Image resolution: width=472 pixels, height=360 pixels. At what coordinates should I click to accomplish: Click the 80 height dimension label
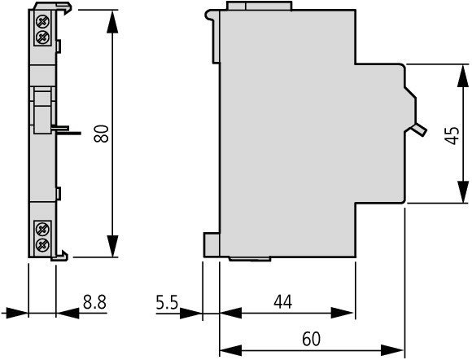coord(101,134)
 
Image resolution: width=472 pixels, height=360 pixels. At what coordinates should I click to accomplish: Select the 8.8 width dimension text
coord(95,302)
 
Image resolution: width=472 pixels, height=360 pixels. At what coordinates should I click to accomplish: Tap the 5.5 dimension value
coord(167,302)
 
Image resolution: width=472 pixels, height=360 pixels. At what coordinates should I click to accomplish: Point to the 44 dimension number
coord(283,302)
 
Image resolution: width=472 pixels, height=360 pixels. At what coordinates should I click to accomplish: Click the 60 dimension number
coord(311,339)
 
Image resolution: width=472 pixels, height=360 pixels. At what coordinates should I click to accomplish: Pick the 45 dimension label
coord(452,136)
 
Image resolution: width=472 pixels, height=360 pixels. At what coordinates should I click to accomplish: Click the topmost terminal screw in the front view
coord(42,21)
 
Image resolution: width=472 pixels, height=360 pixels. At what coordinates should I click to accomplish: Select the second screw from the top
coord(42,37)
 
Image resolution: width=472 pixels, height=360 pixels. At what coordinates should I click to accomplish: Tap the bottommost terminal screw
coord(42,245)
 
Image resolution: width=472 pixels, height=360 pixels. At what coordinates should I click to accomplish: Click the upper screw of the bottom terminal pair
coord(42,230)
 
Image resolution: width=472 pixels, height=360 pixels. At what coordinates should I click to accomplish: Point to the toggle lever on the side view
coord(418,130)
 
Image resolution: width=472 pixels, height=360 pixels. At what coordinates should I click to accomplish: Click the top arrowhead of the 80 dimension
coord(112,22)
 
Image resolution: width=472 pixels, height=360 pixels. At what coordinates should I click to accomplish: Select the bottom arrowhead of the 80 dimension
coord(112,246)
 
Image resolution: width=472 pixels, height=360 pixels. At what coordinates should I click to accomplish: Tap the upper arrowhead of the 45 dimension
coord(463,76)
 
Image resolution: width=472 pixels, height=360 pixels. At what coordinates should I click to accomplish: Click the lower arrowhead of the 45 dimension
coord(463,191)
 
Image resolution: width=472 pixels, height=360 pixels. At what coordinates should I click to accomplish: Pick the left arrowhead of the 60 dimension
coord(231,350)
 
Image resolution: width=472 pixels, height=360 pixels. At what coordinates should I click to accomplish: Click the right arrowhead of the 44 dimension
coord(343,313)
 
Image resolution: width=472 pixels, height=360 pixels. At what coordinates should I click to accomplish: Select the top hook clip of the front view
coord(53,7)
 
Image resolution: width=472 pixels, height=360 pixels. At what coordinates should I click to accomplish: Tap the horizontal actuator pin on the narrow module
coord(66,130)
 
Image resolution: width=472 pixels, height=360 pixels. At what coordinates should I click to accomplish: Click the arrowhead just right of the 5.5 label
coord(191,314)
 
